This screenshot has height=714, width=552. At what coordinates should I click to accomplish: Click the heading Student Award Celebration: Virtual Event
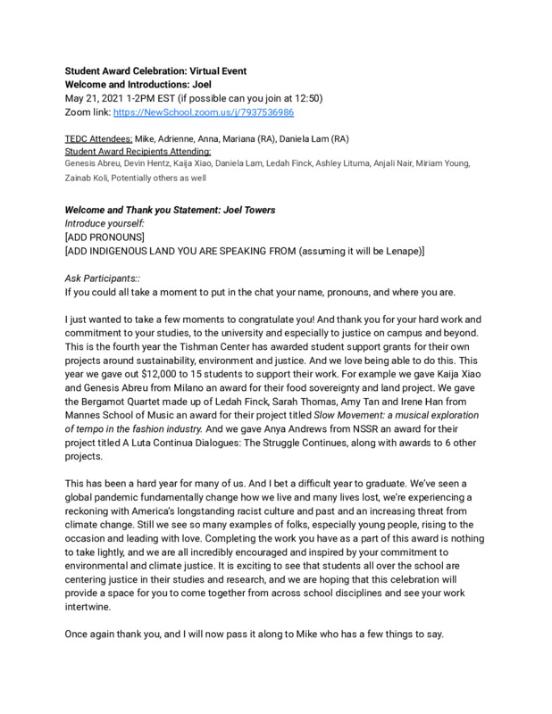click(156, 71)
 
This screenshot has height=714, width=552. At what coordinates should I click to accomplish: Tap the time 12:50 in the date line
click(307, 99)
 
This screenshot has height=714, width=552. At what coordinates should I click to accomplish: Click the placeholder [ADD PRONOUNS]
click(106, 238)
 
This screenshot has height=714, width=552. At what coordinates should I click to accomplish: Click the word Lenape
click(397, 252)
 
